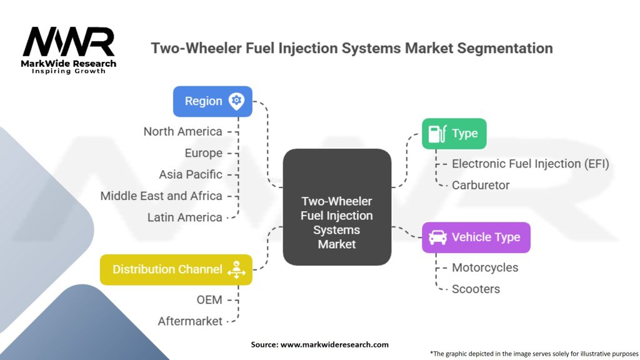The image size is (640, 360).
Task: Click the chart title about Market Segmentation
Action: click(x=352, y=48)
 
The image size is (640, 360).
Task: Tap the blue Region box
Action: click(x=212, y=101)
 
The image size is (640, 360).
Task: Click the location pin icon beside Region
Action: click(x=236, y=101)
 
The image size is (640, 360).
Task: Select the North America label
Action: click(x=182, y=131)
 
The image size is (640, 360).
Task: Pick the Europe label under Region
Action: click(x=203, y=153)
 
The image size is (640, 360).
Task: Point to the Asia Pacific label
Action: click(x=191, y=174)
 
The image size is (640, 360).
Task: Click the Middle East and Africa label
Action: click(x=161, y=196)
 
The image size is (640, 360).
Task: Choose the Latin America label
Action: click(x=184, y=217)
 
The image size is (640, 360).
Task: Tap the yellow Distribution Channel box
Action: click(x=176, y=269)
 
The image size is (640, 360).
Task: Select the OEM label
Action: click(x=209, y=300)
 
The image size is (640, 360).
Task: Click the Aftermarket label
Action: click(x=190, y=321)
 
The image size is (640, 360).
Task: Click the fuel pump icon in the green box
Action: click(x=437, y=133)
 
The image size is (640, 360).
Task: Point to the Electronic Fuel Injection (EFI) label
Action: click(x=530, y=164)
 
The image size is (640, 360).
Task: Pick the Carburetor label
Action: click(x=481, y=185)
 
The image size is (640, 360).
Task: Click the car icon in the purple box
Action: click(x=437, y=237)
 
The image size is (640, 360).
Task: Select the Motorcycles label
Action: click(x=485, y=267)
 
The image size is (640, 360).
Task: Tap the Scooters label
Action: click(x=476, y=289)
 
